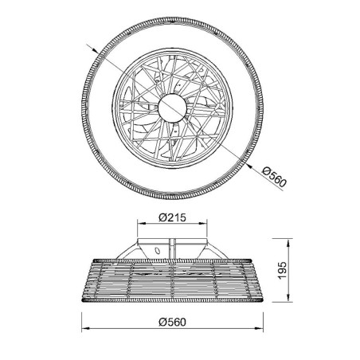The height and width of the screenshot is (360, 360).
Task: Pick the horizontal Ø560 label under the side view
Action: click(173, 322)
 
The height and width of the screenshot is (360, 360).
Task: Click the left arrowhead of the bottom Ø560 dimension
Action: click(84, 331)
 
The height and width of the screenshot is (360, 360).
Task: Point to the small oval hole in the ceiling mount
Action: click(157, 251)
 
